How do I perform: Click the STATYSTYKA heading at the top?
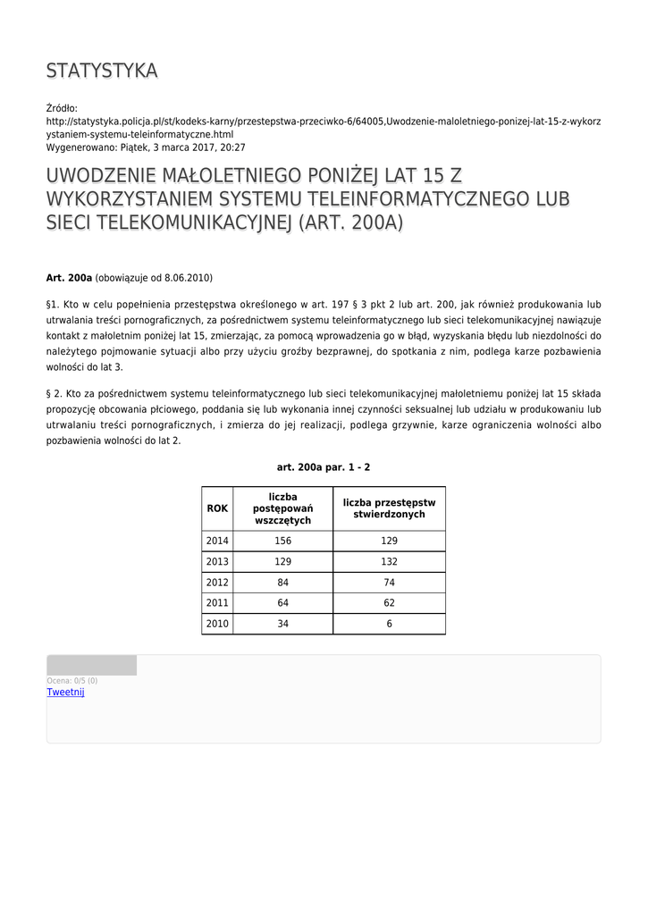click(102, 71)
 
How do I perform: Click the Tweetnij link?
click(65, 692)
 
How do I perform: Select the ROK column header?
click(217, 508)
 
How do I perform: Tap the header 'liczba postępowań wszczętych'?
click(282, 508)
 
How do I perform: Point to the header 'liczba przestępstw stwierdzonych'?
click(389, 508)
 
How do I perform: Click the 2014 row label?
click(217, 541)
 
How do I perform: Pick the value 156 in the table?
click(282, 541)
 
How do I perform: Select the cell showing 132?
click(389, 562)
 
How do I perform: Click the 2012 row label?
click(217, 583)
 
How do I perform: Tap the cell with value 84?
click(282, 583)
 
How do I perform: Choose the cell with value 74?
click(389, 583)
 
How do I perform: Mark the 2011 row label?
click(217, 603)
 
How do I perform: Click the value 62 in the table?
click(389, 603)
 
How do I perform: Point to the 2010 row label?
click(217, 624)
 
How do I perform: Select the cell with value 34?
click(282, 624)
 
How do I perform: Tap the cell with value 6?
click(389, 624)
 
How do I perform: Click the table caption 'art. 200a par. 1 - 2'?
click(324, 467)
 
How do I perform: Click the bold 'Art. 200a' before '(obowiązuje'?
click(69, 278)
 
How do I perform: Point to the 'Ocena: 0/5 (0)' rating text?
click(72, 681)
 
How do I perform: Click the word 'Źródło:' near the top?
click(63, 108)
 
